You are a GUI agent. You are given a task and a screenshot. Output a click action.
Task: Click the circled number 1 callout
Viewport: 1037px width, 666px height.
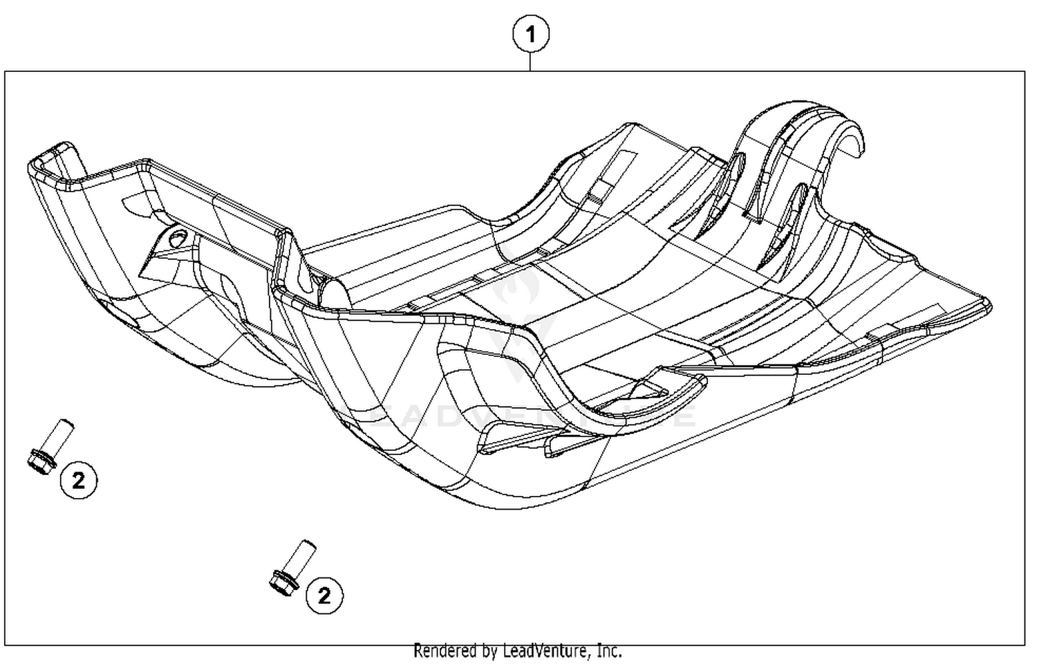(530, 34)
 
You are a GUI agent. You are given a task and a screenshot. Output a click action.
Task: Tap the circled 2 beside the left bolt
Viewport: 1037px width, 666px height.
(78, 479)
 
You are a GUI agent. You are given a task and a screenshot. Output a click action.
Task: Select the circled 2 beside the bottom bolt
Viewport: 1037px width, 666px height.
(324, 594)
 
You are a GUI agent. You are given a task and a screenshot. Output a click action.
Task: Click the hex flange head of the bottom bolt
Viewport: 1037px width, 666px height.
(283, 581)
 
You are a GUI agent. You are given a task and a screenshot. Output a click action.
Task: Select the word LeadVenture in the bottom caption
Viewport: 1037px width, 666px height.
(547, 651)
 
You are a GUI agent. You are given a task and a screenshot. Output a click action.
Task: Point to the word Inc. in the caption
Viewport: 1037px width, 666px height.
(609, 651)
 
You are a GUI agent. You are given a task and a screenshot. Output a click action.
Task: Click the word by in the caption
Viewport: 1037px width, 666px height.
(489, 651)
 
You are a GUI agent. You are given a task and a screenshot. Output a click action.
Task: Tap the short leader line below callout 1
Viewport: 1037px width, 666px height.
(530, 62)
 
